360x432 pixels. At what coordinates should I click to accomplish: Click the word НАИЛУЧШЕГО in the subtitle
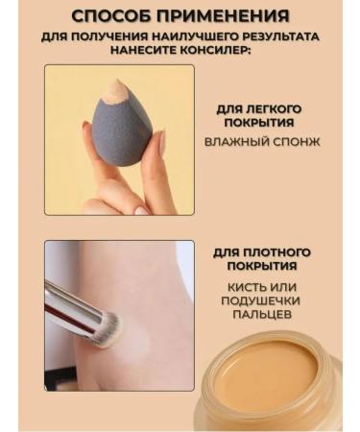tap(167, 36)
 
